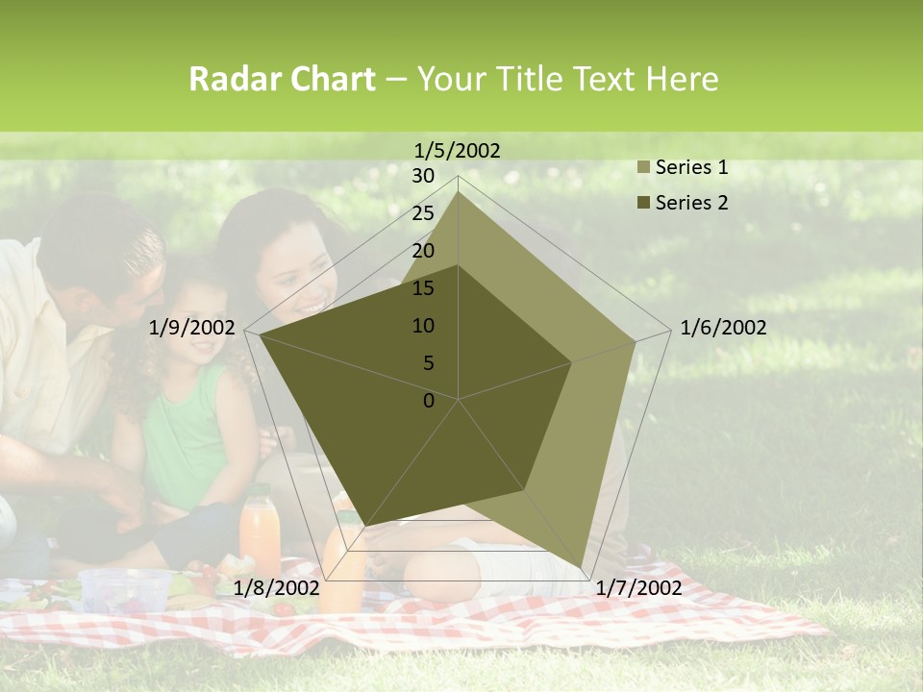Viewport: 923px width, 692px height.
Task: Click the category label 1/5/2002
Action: [x=458, y=150]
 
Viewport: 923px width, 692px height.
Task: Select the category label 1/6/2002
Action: [x=723, y=328]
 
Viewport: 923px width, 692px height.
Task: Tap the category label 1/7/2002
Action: [x=638, y=587]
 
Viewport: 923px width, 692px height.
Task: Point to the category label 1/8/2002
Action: [x=276, y=587]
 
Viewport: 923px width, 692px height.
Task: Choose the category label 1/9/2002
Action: [x=192, y=328]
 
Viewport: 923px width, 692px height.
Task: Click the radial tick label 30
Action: [x=423, y=176]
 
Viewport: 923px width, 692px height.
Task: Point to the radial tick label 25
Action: [x=423, y=213]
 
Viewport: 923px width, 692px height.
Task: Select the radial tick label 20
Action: [x=423, y=251]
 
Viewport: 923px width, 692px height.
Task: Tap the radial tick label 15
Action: [x=423, y=288]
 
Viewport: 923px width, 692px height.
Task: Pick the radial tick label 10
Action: [x=423, y=326]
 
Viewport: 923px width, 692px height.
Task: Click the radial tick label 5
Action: [x=428, y=363]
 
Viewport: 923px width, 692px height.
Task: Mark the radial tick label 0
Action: [x=429, y=401]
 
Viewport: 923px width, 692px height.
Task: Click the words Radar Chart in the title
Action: [x=282, y=79]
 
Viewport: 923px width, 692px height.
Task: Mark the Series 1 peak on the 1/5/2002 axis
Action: [x=458, y=192]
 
